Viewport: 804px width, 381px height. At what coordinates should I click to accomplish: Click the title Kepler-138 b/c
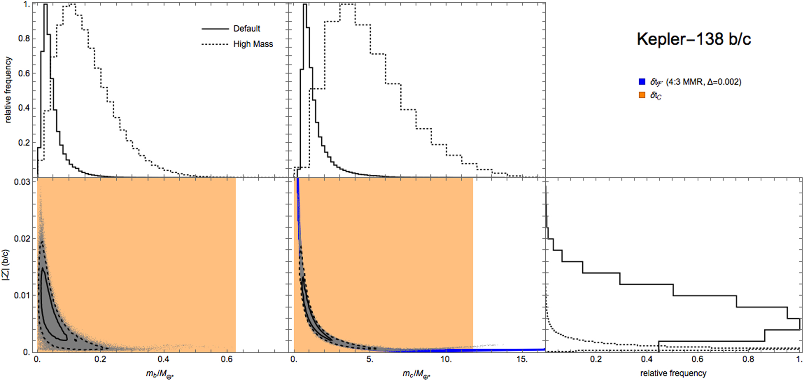coord(694,39)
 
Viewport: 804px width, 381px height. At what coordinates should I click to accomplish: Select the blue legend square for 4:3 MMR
coord(642,82)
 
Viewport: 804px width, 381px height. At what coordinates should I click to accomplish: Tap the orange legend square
coord(642,95)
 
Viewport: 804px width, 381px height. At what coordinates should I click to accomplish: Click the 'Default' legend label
coord(247,29)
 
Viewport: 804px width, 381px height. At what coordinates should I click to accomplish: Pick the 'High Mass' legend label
coord(253,44)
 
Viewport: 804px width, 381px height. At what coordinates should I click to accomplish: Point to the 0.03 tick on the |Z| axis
coord(21,182)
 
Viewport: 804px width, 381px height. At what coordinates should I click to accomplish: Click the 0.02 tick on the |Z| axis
coord(21,239)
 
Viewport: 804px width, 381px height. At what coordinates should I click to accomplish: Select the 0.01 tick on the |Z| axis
coord(21,295)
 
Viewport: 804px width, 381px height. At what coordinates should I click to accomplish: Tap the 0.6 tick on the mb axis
coord(227,359)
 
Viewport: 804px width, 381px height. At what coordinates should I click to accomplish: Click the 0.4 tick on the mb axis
coord(163,359)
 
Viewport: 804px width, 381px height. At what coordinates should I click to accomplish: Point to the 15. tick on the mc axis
coord(522,359)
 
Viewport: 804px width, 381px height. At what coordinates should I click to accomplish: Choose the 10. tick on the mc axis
coord(446,359)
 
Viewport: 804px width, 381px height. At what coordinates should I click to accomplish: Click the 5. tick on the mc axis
coord(370,359)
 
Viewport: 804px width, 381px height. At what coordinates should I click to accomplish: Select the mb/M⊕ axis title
coord(160,374)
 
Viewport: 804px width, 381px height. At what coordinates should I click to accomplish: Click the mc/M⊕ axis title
coord(416,374)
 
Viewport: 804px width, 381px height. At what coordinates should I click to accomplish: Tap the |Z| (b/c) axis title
coord(6,269)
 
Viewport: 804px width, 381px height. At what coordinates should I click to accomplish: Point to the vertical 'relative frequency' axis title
coord(8,89)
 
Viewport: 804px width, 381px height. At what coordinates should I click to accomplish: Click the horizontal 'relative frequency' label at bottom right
coord(673,373)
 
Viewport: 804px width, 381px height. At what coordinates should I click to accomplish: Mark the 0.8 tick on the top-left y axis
coord(24,39)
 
